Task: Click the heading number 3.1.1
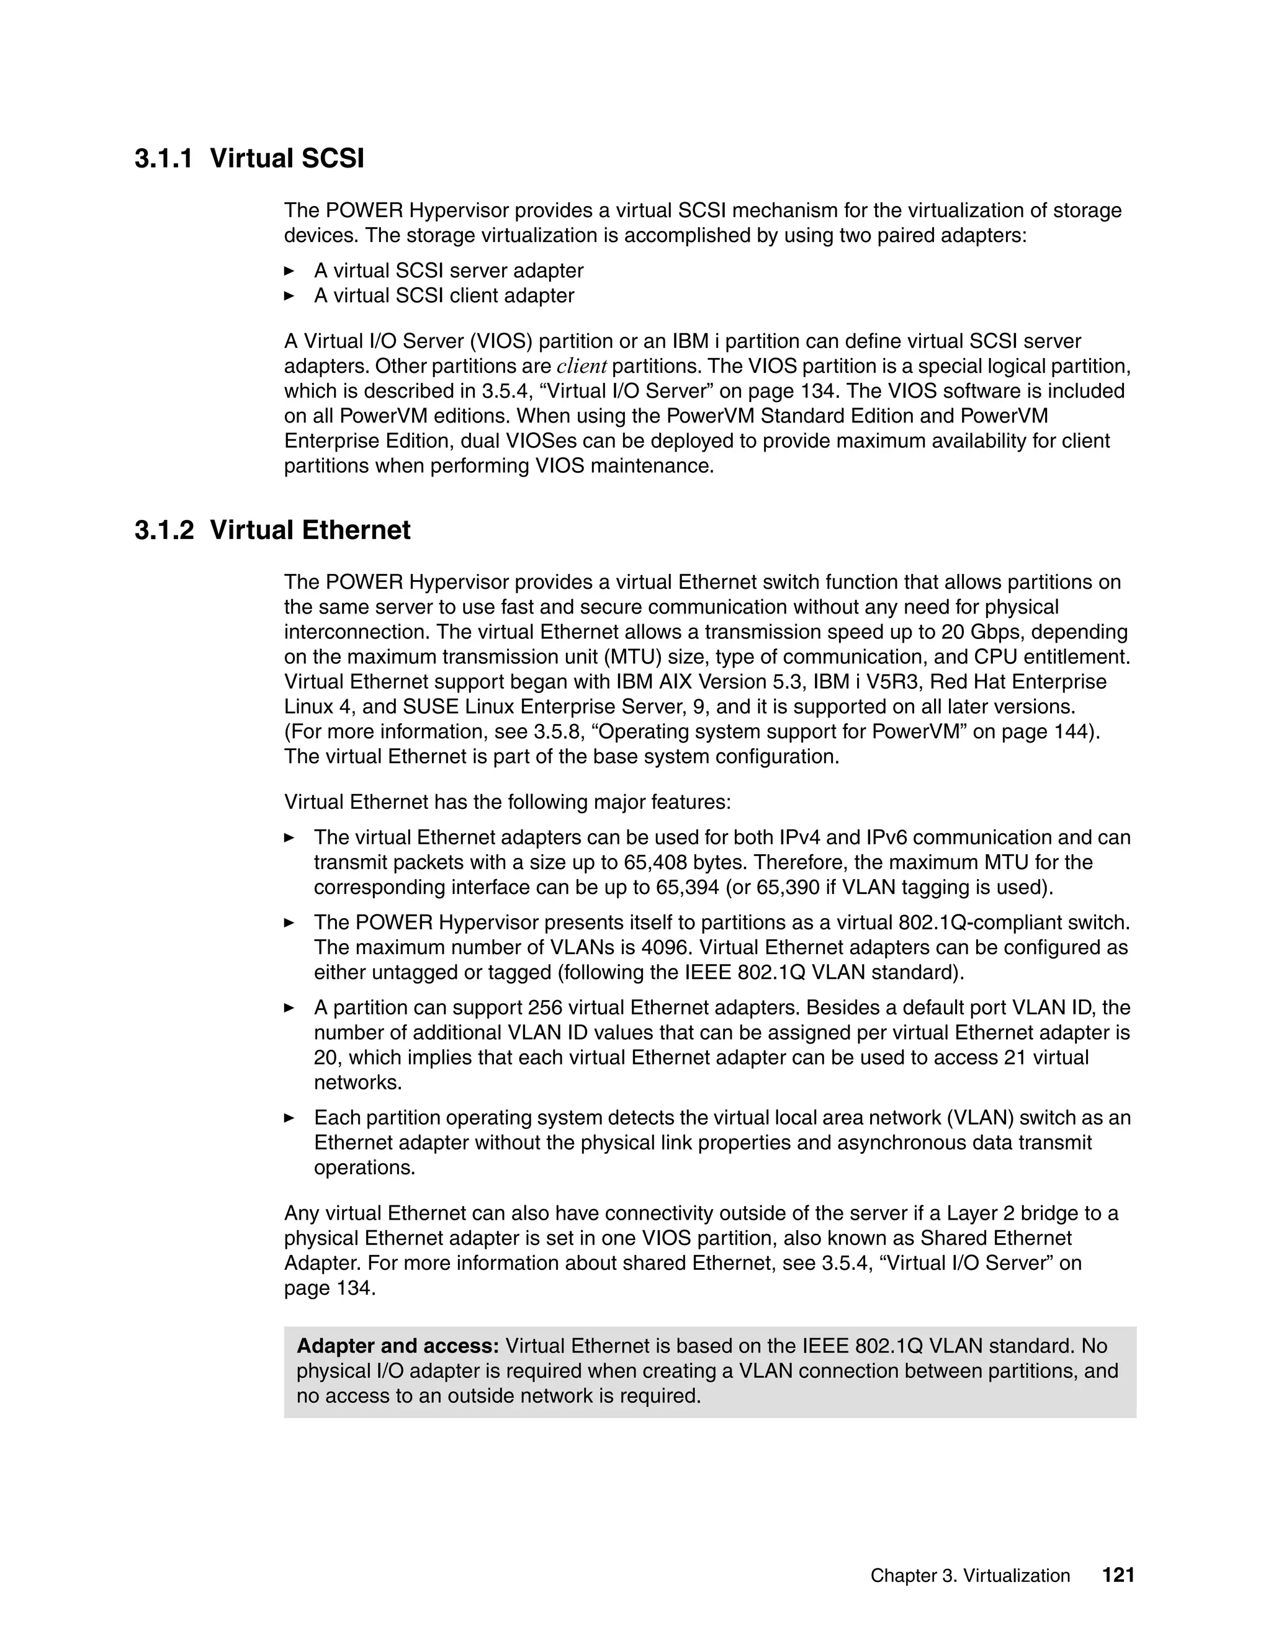(163, 159)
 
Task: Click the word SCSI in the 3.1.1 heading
(332, 159)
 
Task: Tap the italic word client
(582, 367)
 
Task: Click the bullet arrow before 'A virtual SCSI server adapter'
(289, 271)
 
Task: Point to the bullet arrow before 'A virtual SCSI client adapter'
(289, 296)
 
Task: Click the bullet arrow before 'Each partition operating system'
(289, 1118)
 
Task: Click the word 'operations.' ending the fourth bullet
(364, 1168)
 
